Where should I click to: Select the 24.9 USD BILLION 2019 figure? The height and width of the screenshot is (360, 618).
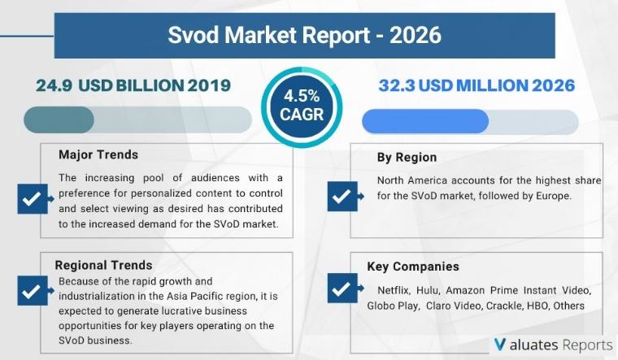pos(133,85)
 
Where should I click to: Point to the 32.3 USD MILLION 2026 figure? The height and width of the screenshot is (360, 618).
pos(477,85)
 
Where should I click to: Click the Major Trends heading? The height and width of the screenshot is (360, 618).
pos(98,154)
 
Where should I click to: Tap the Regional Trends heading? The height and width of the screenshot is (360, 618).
pos(103,265)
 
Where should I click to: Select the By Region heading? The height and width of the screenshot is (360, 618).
pos(407,157)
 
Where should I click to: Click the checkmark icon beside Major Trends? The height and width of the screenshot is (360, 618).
pos(31,198)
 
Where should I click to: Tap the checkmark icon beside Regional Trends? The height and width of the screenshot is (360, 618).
pos(31,290)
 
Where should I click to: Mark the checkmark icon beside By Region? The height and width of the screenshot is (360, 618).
pos(340,195)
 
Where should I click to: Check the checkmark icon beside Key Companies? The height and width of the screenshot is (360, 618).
pos(340,288)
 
